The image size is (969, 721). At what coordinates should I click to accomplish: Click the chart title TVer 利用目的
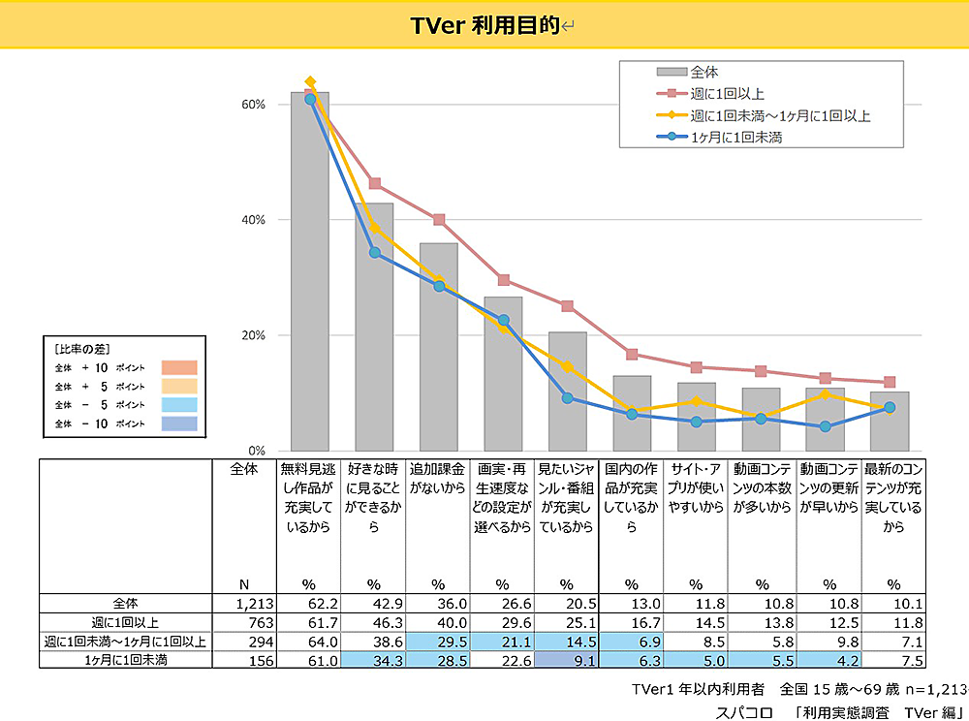point(484,25)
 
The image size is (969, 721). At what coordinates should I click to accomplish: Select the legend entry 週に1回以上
point(728,94)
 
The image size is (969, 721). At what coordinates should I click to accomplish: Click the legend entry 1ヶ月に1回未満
point(736,138)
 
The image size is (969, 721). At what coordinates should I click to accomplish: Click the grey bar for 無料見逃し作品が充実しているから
point(310,271)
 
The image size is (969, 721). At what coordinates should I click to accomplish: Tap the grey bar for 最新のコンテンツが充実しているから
point(889,422)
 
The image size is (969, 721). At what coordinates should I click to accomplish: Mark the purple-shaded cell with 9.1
point(566,661)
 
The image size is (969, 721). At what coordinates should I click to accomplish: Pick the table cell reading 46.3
point(374,623)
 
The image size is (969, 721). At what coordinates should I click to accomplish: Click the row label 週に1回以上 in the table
point(126,623)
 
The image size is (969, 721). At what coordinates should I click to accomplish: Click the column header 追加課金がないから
point(438,479)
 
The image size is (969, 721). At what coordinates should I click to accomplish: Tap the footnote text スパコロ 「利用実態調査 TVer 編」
point(834,710)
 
